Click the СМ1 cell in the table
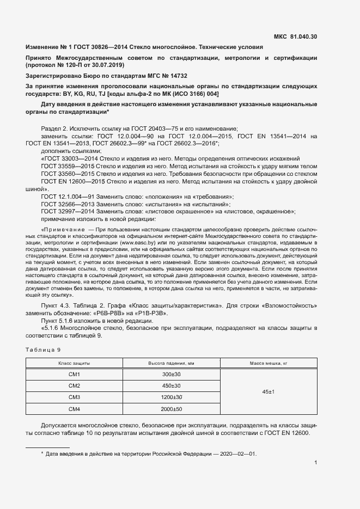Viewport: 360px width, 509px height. (74, 374)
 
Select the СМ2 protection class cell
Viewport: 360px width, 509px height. (74, 385)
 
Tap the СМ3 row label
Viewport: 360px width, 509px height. (74, 397)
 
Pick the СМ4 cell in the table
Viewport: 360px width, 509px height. (74, 408)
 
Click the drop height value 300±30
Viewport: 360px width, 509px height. (172, 374)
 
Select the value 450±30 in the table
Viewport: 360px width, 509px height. (172, 385)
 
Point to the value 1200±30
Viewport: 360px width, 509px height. (172, 397)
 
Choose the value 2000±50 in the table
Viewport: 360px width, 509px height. (172, 408)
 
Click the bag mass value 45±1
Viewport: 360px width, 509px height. (269, 391)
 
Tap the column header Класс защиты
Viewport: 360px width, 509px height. (74, 362)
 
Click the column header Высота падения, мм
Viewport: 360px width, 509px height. (172, 362)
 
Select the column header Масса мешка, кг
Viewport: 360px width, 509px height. (269, 362)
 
